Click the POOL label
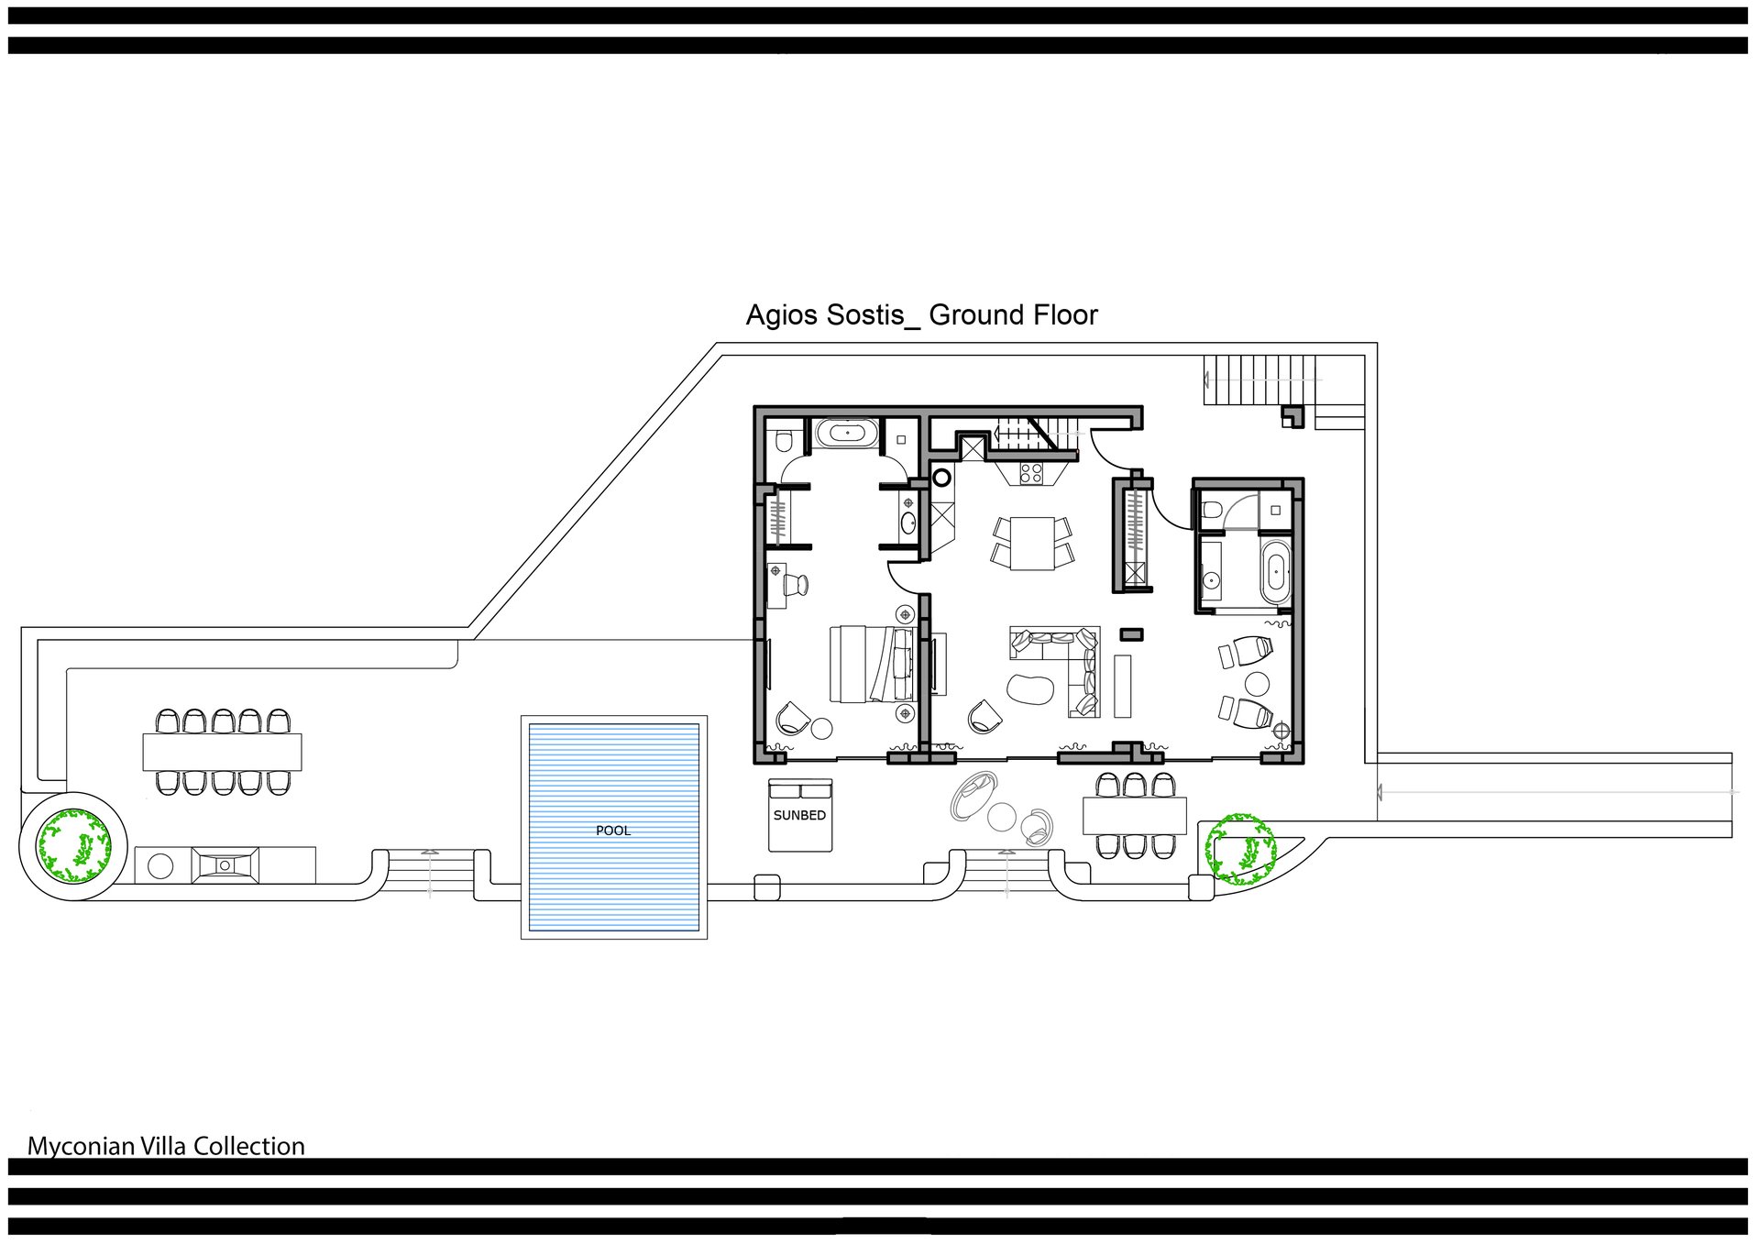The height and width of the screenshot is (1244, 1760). (x=613, y=831)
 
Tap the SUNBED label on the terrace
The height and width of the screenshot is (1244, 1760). (x=799, y=815)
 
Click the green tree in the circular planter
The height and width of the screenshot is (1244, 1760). (x=73, y=845)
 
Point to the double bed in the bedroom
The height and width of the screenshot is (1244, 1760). (x=873, y=664)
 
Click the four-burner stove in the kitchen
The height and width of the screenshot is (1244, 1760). (x=1031, y=473)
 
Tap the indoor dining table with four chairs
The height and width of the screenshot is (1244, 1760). (x=1032, y=543)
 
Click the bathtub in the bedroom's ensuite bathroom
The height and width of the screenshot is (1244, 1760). (x=847, y=433)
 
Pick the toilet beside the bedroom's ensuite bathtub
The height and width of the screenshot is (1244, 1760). (x=782, y=442)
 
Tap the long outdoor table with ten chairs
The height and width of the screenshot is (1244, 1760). (x=223, y=752)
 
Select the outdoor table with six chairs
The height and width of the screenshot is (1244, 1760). (x=1135, y=815)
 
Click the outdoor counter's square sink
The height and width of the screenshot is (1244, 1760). (x=225, y=865)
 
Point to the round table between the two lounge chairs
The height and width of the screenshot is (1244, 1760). (x=1257, y=684)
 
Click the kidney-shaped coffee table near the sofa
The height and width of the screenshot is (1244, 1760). (x=1030, y=688)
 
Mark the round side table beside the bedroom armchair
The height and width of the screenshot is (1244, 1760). (x=821, y=729)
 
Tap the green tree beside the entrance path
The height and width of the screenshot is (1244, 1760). (x=1240, y=849)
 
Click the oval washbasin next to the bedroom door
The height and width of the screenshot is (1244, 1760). (x=908, y=523)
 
